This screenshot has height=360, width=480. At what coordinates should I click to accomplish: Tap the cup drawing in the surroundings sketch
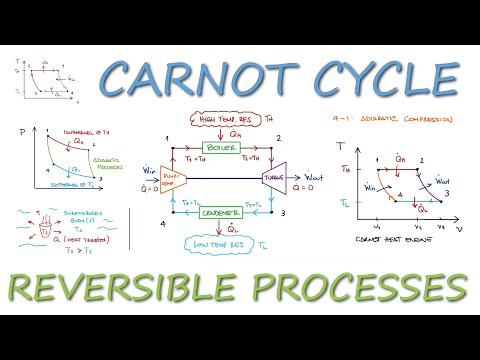45,223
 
